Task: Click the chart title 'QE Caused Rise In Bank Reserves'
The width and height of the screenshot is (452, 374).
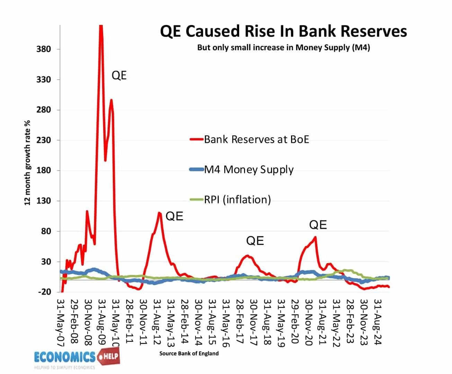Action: (283, 31)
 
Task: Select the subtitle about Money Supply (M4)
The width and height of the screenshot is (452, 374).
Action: (283, 47)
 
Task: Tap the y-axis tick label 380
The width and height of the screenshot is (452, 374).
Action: (44, 49)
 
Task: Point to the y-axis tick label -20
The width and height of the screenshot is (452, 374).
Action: (44, 292)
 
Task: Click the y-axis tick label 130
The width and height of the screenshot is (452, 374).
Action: (44, 201)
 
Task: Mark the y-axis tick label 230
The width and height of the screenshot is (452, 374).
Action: (44, 140)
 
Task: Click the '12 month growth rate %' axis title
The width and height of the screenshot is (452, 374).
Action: (27, 163)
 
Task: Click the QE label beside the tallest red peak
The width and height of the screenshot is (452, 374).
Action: (119, 75)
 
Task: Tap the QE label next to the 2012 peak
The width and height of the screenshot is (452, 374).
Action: (174, 216)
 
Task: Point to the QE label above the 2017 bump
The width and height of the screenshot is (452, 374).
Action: (255, 241)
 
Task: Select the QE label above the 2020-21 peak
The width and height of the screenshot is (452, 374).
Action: (318, 225)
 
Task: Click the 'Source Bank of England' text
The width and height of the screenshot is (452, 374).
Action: (189, 353)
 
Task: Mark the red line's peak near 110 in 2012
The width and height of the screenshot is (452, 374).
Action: (159, 213)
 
